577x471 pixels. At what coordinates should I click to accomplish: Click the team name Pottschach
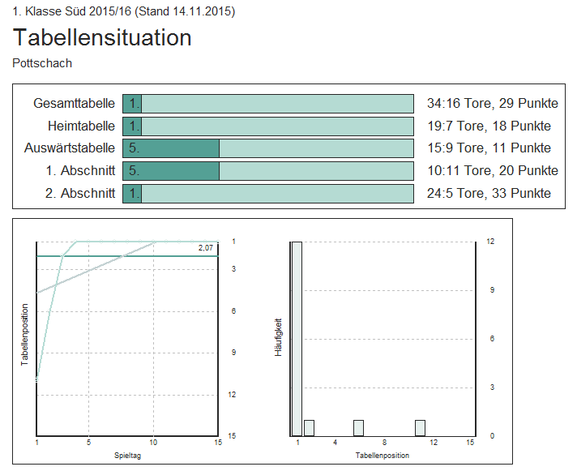(43, 63)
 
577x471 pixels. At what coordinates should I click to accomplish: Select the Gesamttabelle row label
(74, 104)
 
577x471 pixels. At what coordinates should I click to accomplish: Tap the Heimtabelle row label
(81, 126)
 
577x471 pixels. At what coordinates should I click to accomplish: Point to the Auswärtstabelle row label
(70, 148)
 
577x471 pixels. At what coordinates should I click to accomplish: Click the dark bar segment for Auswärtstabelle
(171, 148)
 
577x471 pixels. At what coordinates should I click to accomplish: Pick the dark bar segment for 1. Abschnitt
(171, 171)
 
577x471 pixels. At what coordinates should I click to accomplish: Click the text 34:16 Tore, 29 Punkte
(492, 104)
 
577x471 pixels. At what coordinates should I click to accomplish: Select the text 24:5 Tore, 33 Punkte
(489, 194)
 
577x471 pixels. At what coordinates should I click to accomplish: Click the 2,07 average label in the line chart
(205, 247)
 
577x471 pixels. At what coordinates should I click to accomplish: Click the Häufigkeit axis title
(278, 338)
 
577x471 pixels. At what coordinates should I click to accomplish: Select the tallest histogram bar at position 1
(297, 338)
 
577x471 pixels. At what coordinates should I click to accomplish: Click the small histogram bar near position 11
(420, 428)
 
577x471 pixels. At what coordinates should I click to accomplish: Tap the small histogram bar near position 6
(358, 428)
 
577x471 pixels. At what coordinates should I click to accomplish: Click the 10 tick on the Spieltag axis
(153, 443)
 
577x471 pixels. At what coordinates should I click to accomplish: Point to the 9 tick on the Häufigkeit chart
(490, 290)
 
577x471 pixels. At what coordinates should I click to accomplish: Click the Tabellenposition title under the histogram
(383, 456)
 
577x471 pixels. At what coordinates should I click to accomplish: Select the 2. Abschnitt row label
(80, 194)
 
